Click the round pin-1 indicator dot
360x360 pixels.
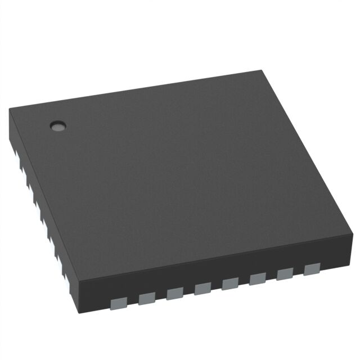tap(57, 126)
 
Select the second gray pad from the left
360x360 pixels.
tap(146, 298)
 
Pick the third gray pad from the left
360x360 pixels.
tap(174, 292)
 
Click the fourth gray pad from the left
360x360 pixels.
tap(202, 288)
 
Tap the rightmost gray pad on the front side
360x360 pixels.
tap(311, 269)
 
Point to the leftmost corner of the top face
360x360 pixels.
tap(10, 110)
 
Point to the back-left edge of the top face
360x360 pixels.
tap(135, 90)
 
